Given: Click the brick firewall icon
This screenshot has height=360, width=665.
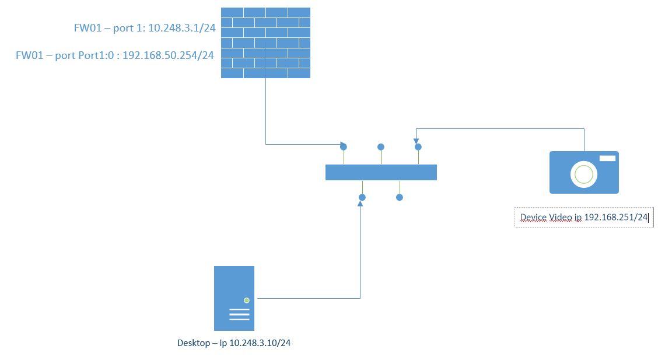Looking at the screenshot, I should click(x=265, y=43).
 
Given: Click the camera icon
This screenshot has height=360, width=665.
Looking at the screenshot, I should click(x=584, y=172).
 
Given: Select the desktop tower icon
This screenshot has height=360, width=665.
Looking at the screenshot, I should click(x=234, y=298).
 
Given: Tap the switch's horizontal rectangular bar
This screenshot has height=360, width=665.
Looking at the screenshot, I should click(x=381, y=172).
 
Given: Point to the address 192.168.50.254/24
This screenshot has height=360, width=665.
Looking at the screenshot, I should click(x=168, y=56).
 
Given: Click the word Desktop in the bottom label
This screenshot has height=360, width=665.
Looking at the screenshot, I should click(x=194, y=343).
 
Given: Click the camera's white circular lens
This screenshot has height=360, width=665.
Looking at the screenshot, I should click(x=583, y=174).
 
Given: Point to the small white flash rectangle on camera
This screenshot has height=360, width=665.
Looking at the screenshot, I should click(x=607, y=158).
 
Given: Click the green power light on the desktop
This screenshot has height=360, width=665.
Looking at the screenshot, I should click(x=247, y=300).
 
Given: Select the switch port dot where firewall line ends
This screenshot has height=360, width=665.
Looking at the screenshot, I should click(x=344, y=146).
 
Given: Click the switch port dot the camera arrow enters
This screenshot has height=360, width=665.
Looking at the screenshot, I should click(x=418, y=147).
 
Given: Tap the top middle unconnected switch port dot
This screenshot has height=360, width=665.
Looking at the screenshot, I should click(x=381, y=147).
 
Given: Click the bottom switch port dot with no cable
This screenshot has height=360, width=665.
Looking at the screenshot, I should click(x=400, y=197).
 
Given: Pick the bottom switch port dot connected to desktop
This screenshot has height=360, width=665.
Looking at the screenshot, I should click(x=362, y=197).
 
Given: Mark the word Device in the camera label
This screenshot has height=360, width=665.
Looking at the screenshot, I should click(x=533, y=217).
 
